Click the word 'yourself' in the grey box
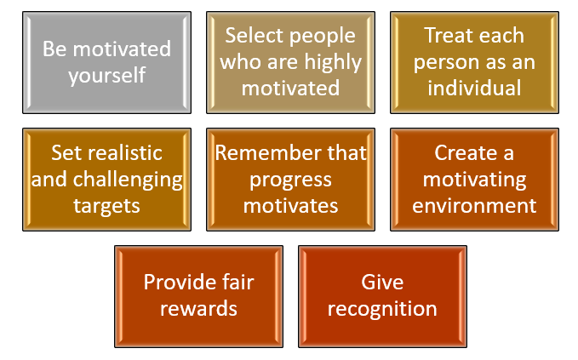tap(107, 76)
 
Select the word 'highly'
tap(333, 62)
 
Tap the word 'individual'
tap(474, 88)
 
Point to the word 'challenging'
tap(128, 180)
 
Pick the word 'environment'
tap(474, 206)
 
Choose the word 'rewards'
tap(198, 309)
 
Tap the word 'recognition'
tap(382, 309)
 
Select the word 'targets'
tap(106, 206)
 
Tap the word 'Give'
tap(382, 283)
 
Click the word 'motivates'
tap(291, 206)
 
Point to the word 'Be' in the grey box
tap(54, 49)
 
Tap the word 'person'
tap(445, 63)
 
